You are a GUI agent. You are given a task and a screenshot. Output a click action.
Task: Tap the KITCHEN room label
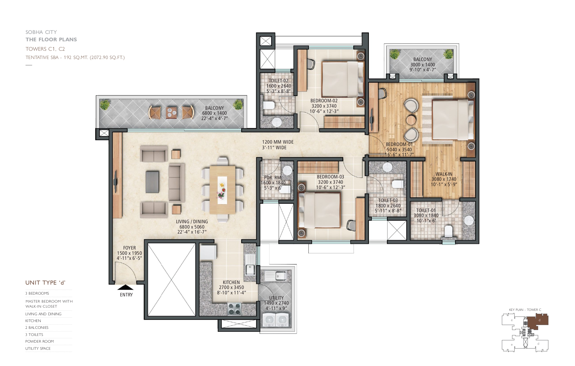231,282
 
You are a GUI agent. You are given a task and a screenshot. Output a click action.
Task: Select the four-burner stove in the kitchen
234,309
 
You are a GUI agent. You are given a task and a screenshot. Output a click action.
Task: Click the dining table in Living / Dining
222,190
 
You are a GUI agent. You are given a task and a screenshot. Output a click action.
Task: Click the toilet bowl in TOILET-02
268,105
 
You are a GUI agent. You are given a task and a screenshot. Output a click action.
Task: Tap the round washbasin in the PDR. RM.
287,170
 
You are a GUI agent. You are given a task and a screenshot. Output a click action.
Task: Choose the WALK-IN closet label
444,174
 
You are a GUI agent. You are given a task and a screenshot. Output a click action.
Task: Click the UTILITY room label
276,298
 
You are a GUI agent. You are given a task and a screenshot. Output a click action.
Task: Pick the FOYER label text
129,248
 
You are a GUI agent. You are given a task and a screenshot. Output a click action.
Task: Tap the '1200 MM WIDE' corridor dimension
278,142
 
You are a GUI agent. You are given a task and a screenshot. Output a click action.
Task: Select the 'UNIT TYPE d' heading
45,283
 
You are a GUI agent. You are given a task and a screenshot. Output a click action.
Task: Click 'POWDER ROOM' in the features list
40,341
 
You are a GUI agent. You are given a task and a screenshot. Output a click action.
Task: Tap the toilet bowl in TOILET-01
448,231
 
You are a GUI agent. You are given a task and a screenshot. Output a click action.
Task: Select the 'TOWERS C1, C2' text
45,49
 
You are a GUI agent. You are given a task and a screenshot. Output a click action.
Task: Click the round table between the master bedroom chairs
410,120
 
